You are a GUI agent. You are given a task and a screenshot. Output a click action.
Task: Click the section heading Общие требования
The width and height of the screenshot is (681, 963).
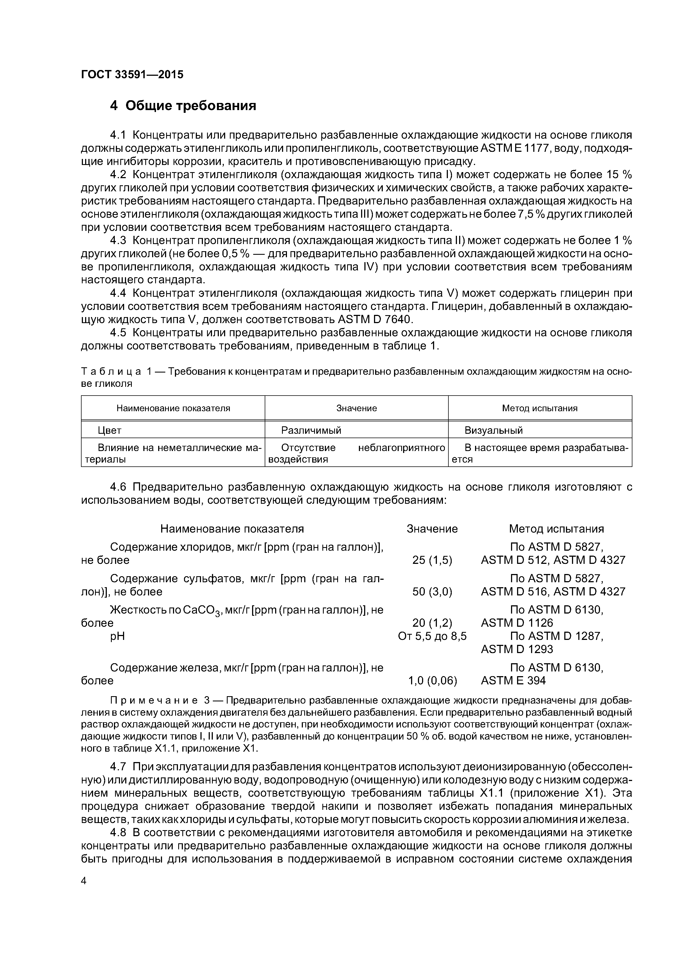(x=183, y=106)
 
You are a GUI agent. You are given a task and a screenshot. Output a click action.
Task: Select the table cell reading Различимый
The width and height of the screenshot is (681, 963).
(x=311, y=430)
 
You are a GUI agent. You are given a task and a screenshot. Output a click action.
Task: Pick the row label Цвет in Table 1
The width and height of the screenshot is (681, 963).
(x=110, y=430)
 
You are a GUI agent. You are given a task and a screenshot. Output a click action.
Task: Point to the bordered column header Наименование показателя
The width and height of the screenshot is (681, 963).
(x=173, y=408)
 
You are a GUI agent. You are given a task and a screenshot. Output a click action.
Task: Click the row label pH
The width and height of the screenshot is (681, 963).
(x=118, y=637)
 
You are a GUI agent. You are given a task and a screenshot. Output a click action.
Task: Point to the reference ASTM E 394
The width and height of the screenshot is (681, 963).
(x=513, y=681)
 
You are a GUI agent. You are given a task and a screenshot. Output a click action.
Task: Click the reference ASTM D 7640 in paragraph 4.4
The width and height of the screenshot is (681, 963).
(x=375, y=320)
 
